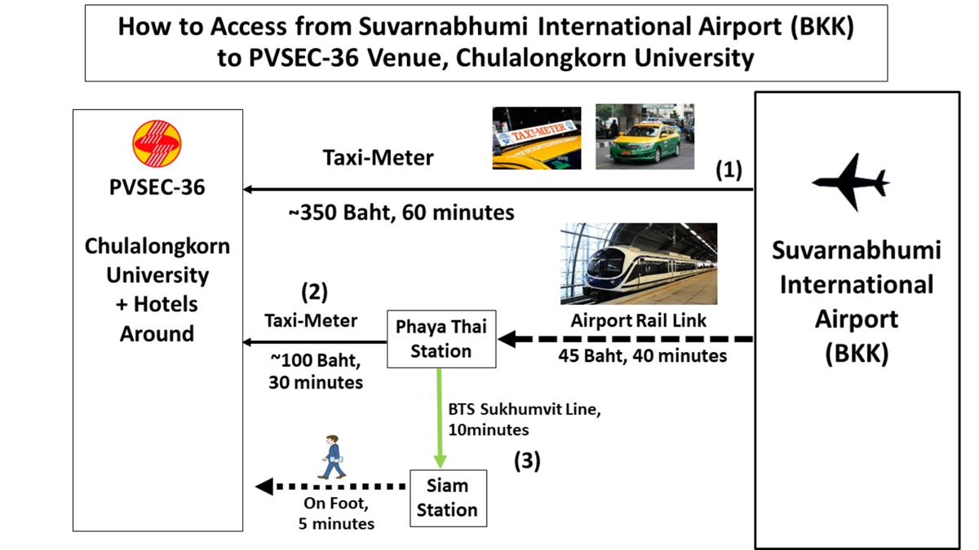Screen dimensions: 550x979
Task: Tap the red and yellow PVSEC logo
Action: coord(157,143)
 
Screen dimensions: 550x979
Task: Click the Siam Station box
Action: coord(448,498)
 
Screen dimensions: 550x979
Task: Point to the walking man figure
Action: coord(333,457)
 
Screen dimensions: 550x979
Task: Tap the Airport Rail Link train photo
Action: coord(639,263)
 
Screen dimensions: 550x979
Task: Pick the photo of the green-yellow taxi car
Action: coord(645,136)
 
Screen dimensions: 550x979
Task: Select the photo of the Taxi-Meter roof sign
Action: coord(536,138)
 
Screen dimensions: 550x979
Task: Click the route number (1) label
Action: coord(729,170)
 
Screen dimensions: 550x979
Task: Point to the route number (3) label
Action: coord(526,461)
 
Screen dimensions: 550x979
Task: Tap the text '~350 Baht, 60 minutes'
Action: coord(401,213)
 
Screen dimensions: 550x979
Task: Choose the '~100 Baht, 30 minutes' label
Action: coord(316,370)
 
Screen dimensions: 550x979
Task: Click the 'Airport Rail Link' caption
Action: coord(639,321)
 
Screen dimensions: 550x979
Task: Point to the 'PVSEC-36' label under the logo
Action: coord(157,187)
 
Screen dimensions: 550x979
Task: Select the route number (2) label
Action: coord(314,292)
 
